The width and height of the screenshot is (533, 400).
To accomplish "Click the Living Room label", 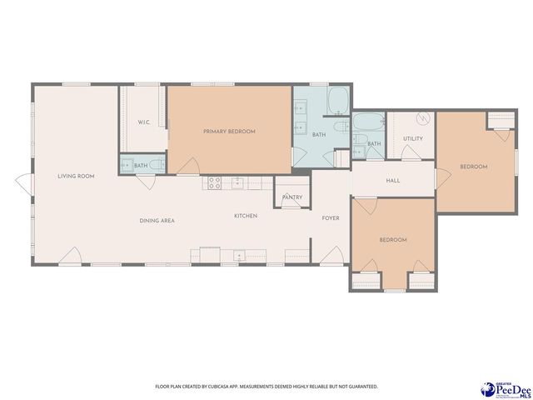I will (75, 176).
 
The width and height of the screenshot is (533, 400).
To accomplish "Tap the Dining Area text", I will (157, 220).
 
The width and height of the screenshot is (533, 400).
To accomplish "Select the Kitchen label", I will (245, 216).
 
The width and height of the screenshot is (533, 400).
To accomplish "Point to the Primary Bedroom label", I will (229, 132).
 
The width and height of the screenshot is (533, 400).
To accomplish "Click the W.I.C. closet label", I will (143, 122).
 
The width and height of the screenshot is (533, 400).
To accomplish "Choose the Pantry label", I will (292, 197).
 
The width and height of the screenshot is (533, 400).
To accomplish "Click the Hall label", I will (394, 181).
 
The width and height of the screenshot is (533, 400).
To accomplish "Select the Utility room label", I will (413, 138).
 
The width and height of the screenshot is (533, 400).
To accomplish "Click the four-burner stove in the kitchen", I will (214, 182).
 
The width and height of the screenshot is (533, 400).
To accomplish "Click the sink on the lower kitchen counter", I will (239, 255).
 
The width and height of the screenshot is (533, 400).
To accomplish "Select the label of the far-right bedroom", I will (473, 167).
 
